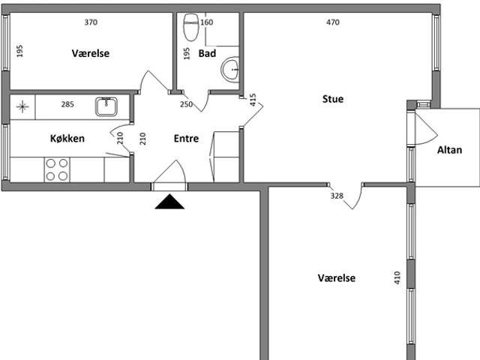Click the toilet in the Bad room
[191, 27]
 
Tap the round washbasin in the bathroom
[230, 70]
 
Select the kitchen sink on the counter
[106, 106]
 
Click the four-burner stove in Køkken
[57, 169]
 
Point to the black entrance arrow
[169, 202]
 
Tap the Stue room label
[333, 99]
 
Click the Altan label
[449, 150]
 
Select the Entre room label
[186, 138]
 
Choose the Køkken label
[67, 138]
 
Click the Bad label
[207, 53]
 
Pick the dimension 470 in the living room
[333, 22]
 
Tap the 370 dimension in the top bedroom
[91, 22]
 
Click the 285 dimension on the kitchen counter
[67, 104]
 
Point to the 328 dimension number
[337, 196]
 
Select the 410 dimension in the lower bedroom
[397, 277]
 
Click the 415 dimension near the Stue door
[253, 100]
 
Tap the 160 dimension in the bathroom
[207, 22]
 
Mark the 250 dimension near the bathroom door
[186, 104]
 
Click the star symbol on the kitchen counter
[22, 106]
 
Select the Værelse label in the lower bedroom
[337, 278]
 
